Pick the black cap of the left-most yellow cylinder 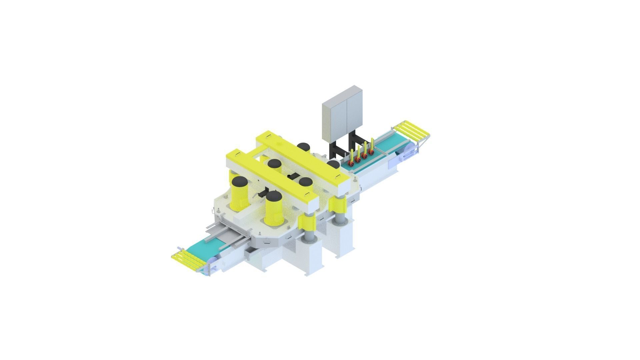point(240,182)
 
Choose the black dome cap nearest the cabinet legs point(333,163)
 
